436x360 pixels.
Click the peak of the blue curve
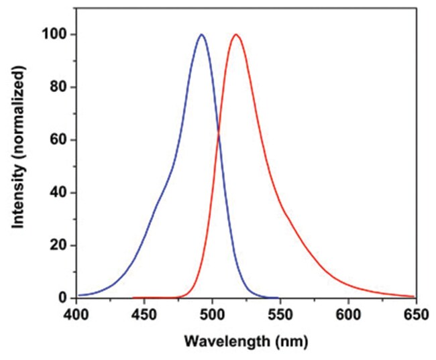(x=201, y=34)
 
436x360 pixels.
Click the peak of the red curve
(x=235, y=34)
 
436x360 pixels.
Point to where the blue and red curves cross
(x=218, y=136)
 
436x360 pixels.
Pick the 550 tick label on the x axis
(x=280, y=314)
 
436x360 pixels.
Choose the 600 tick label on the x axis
(x=348, y=314)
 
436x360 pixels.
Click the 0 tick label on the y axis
(x=64, y=298)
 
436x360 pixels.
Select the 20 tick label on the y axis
(x=60, y=245)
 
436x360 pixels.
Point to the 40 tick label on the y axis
(x=60, y=192)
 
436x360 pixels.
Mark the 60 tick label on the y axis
(x=60, y=140)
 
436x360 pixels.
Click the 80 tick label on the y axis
(x=60, y=87)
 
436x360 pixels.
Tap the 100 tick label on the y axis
(x=57, y=34)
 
